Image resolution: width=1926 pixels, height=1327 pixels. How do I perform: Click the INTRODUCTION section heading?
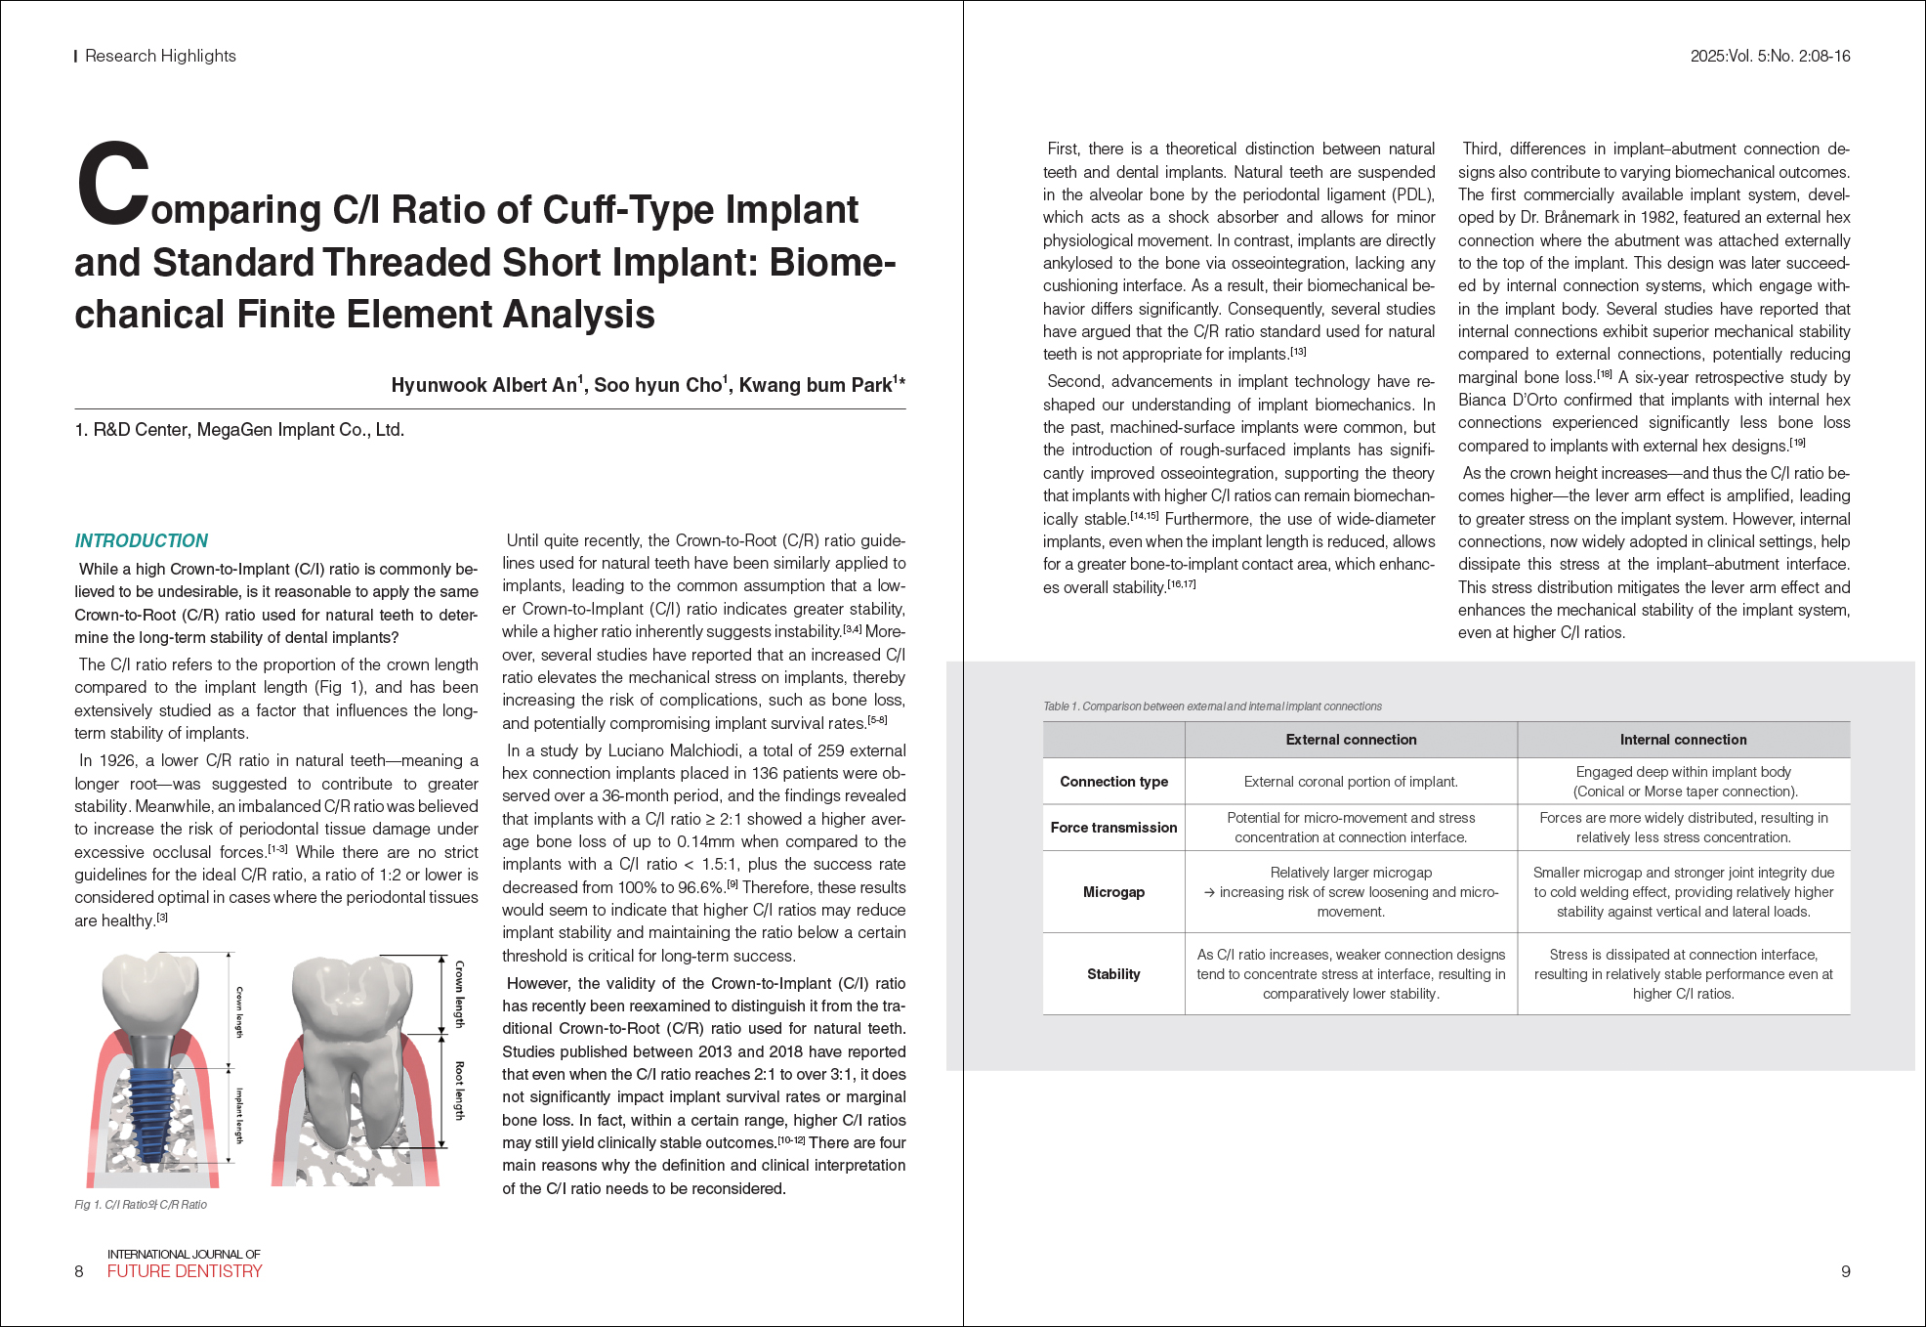pyautogui.click(x=142, y=540)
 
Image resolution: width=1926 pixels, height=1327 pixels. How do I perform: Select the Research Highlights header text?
pyautogui.click(x=160, y=56)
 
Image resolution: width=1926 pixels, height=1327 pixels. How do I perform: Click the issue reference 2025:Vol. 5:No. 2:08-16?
pyautogui.click(x=1770, y=56)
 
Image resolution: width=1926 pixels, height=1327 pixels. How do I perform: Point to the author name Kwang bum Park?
pyautogui.click(x=816, y=385)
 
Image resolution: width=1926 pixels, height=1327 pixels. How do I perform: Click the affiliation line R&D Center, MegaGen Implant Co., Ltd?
pyautogui.click(x=239, y=430)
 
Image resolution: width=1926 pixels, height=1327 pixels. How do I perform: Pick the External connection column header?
pyautogui.click(x=1351, y=740)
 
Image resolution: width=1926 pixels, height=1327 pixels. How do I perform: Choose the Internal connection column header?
pyautogui.click(x=1683, y=740)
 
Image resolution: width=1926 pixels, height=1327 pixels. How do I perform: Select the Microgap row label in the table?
pyautogui.click(x=1113, y=892)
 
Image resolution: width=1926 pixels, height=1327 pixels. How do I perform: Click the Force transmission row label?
pyautogui.click(x=1113, y=828)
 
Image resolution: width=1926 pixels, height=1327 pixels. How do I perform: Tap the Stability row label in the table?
pyautogui.click(x=1113, y=974)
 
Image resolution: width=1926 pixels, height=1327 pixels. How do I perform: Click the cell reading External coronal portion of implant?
pyautogui.click(x=1351, y=782)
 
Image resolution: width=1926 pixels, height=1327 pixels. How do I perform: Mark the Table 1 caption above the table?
pyautogui.click(x=1212, y=706)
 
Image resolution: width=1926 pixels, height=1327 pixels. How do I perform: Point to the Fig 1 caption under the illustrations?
pyautogui.click(x=141, y=1205)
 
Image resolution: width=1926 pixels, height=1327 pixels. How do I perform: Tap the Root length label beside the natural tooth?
pyautogui.click(x=460, y=1091)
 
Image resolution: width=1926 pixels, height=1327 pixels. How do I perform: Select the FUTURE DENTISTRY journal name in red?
pyautogui.click(x=185, y=1271)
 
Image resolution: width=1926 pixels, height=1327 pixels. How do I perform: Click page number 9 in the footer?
pyautogui.click(x=1845, y=1271)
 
